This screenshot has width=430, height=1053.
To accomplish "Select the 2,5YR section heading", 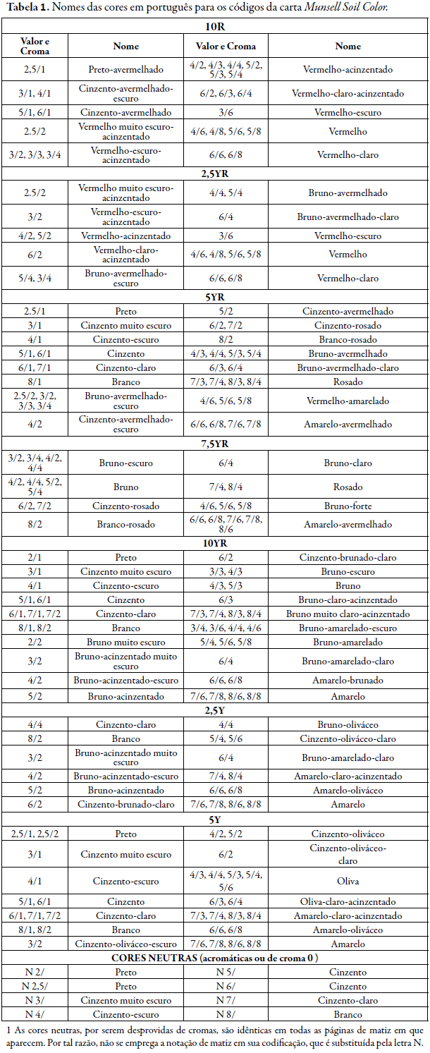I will coord(214,173).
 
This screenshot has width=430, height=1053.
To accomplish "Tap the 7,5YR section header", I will coord(214,444).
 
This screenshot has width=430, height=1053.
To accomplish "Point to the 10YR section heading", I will coord(214,543).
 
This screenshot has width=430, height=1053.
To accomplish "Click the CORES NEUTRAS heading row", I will coord(214,958).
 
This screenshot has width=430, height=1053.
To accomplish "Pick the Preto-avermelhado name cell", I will coord(126,69).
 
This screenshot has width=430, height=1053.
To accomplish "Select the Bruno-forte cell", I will coord(348,506).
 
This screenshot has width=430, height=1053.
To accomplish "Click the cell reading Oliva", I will coord(348,881).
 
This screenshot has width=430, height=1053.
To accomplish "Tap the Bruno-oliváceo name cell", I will coord(348,724).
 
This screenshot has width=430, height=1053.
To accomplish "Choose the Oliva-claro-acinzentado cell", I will coord(348,901).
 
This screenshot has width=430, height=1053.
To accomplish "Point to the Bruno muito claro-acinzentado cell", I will coord(348,614).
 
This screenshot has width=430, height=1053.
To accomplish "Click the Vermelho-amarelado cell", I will coord(348,401).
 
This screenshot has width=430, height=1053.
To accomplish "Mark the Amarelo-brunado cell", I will coord(348,680).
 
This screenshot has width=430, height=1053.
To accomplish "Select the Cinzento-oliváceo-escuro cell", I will coord(126,944).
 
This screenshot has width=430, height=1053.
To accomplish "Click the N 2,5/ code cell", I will coord(36,986).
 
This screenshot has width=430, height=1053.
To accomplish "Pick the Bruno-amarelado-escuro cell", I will coord(348,628).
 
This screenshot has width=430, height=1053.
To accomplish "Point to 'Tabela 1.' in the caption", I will coord(25,7).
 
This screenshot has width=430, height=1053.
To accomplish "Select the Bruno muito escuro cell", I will coord(126,642).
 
